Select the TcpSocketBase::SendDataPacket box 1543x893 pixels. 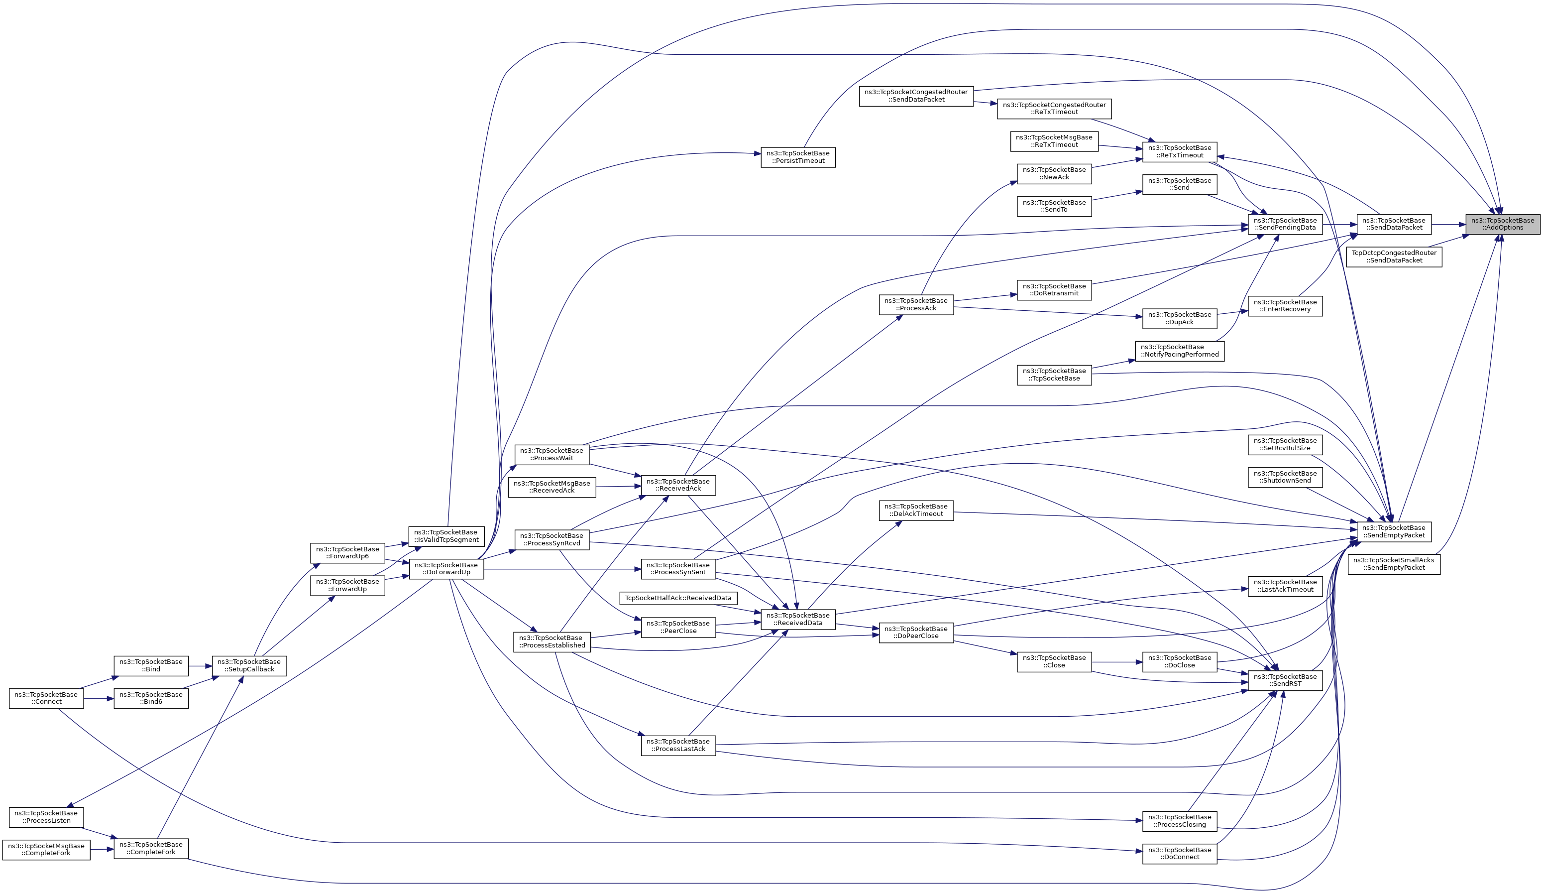pyautogui.click(x=1394, y=224)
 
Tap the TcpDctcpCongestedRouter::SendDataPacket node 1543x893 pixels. pyautogui.click(x=1394, y=256)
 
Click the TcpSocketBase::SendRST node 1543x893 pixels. pyautogui.click(x=1285, y=680)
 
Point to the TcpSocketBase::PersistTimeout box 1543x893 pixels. pyautogui.click(x=798, y=157)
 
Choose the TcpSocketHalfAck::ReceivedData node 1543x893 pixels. pyautogui.click(x=678, y=598)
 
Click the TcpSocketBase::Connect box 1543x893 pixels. pyautogui.click(x=46, y=698)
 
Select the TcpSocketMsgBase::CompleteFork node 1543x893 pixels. pyautogui.click(x=46, y=850)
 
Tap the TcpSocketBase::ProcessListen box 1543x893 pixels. pyautogui.click(x=46, y=817)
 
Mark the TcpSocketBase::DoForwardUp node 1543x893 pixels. pyautogui.click(x=446, y=568)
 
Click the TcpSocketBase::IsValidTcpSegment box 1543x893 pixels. pyautogui.click(x=446, y=536)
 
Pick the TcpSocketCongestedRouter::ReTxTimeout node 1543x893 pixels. pyautogui.click(x=1054, y=109)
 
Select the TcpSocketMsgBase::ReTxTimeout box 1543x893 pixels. pyautogui.click(x=1054, y=141)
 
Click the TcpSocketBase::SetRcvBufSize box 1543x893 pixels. pyautogui.click(x=1285, y=445)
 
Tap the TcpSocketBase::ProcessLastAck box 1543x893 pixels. pyautogui.click(x=678, y=746)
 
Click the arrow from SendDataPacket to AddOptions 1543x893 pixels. pyautogui.click(x=1448, y=225)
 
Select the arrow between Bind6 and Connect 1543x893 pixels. pyautogui.click(x=99, y=699)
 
